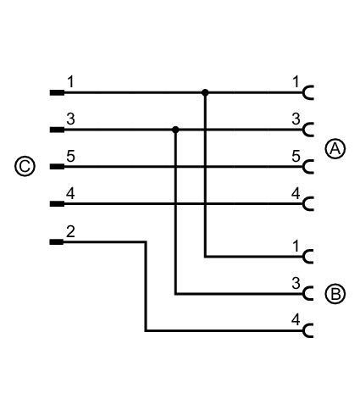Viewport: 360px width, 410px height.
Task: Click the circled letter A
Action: pyautogui.click(x=335, y=148)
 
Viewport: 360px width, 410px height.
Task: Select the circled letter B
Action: pyautogui.click(x=335, y=294)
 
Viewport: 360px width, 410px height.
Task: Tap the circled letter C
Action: pyautogui.click(x=25, y=166)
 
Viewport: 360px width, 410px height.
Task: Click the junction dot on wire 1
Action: pyautogui.click(x=205, y=92)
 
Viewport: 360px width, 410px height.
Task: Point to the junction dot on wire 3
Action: pyautogui.click(x=175, y=130)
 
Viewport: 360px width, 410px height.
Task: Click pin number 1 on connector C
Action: pyautogui.click(x=70, y=82)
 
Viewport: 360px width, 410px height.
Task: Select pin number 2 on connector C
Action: pyautogui.click(x=70, y=231)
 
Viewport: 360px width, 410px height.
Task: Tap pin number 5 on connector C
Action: pyautogui.click(x=70, y=156)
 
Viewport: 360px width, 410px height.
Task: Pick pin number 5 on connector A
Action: pyautogui.click(x=296, y=156)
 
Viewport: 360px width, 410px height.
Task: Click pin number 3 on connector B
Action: pyautogui.click(x=296, y=283)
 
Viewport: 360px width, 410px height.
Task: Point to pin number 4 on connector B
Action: pyautogui.click(x=296, y=320)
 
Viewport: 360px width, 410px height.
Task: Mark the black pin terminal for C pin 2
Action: pyautogui.click(x=57, y=241)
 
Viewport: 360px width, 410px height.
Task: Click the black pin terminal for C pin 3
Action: pyautogui.click(x=57, y=130)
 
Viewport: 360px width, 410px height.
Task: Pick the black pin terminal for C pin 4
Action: pyautogui.click(x=57, y=203)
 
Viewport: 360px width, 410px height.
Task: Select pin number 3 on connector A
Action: pyautogui.click(x=296, y=119)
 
